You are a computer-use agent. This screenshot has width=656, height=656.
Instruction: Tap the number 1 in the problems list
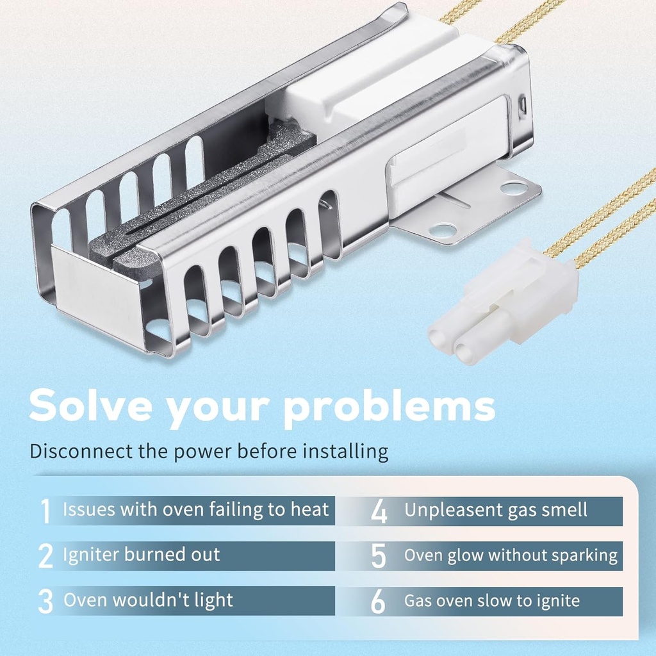(x=45, y=511)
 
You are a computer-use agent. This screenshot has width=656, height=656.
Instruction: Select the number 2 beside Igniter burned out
(x=45, y=555)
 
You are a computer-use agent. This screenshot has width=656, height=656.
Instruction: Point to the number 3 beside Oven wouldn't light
(x=45, y=601)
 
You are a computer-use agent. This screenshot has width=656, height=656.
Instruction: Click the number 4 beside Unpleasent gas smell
(x=379, y=511)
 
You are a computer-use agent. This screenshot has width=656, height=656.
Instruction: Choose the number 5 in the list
(x=379, y=555)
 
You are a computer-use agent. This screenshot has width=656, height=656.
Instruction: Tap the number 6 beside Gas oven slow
(x=379, y=601)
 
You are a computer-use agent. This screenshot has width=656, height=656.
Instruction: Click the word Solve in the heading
(x=91, y=406)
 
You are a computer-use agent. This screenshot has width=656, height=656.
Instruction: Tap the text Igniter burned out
(x=141, y=555)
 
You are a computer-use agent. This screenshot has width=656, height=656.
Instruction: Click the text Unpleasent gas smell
(x=495, y=511)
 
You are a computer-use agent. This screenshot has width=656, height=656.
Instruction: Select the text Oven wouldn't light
(x=148, y=600)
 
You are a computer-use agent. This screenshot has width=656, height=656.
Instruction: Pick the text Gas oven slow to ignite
(x=491, y=601)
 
